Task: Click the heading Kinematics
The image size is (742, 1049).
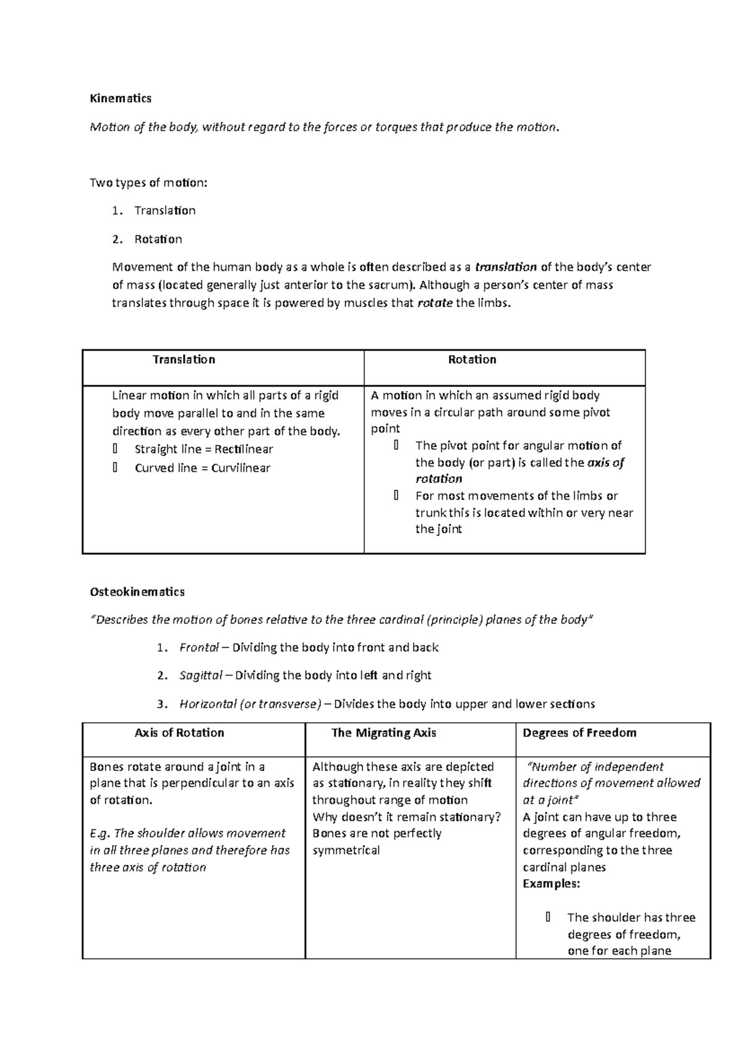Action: pos(121,98)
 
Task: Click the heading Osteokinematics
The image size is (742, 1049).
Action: pos(137,592)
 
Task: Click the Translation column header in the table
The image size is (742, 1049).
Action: pos(184,360)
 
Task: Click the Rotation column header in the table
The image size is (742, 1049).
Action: pos(472,360)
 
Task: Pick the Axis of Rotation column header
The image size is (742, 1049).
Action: pos(179,733)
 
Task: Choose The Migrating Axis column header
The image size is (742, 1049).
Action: pos(383,733)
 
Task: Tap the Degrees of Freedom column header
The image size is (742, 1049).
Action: pos(579,733)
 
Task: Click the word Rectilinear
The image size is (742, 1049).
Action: pos(243,449)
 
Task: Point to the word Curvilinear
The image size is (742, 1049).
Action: pos(241,468)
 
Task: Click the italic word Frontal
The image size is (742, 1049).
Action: pos(198,647)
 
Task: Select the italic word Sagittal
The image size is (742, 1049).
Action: pos(200,675)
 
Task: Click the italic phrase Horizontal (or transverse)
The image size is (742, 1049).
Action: pos(250,704)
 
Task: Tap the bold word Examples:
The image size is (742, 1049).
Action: pos(551,883)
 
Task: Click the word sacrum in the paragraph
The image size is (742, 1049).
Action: pos(390,285)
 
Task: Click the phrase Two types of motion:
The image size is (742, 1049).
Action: pos(148,183)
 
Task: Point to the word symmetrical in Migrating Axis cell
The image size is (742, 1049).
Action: pos(346,850)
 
